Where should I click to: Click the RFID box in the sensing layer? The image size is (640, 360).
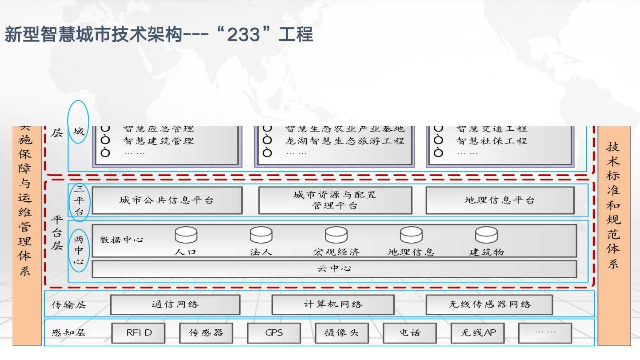pyautogui.click(x=138, y=333)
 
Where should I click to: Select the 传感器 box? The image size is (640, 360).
pyautogui.click(x=206, y=333)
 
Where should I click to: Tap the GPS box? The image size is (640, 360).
pyautogui.click(x=274, y=333)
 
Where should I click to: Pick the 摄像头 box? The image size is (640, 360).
pyautogui.click(x=341, y=333)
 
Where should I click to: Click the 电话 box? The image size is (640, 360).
pyautogui.click(x=409, y=333)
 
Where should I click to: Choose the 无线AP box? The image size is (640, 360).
pyautogui.click(x=477, y=333)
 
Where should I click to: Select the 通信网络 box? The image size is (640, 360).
pyautogui.click(x=175, y=304)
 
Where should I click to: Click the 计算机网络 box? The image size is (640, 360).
pyautogui.click(x=333, y=304)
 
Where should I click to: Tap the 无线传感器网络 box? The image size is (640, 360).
pyautogui.click(x=489, y=304)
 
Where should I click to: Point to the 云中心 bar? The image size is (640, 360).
pyautogui.click(x=334, y=269)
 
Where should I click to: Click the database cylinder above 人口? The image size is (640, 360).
pyautogui.click(x=186, y=235)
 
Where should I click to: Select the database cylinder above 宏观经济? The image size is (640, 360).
pyautogui.click(x=336, y=235)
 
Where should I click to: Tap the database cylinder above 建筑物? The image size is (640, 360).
pyautogui.click(x=486, y=235)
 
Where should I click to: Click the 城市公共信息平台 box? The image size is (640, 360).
pyautogui.click(x=167, y=200)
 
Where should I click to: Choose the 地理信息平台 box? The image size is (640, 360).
pyautogui.click(x=500, y=200)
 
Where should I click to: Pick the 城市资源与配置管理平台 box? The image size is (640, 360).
pyautogui.click(x=335, y=200)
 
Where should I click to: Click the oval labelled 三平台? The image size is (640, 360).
pyautogui.click(x=79, y=200)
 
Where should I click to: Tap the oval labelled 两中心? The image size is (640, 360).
pyautogui.click(x=79, y=251)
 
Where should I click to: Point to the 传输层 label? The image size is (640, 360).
pyautogui.click(x=69, y=305)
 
